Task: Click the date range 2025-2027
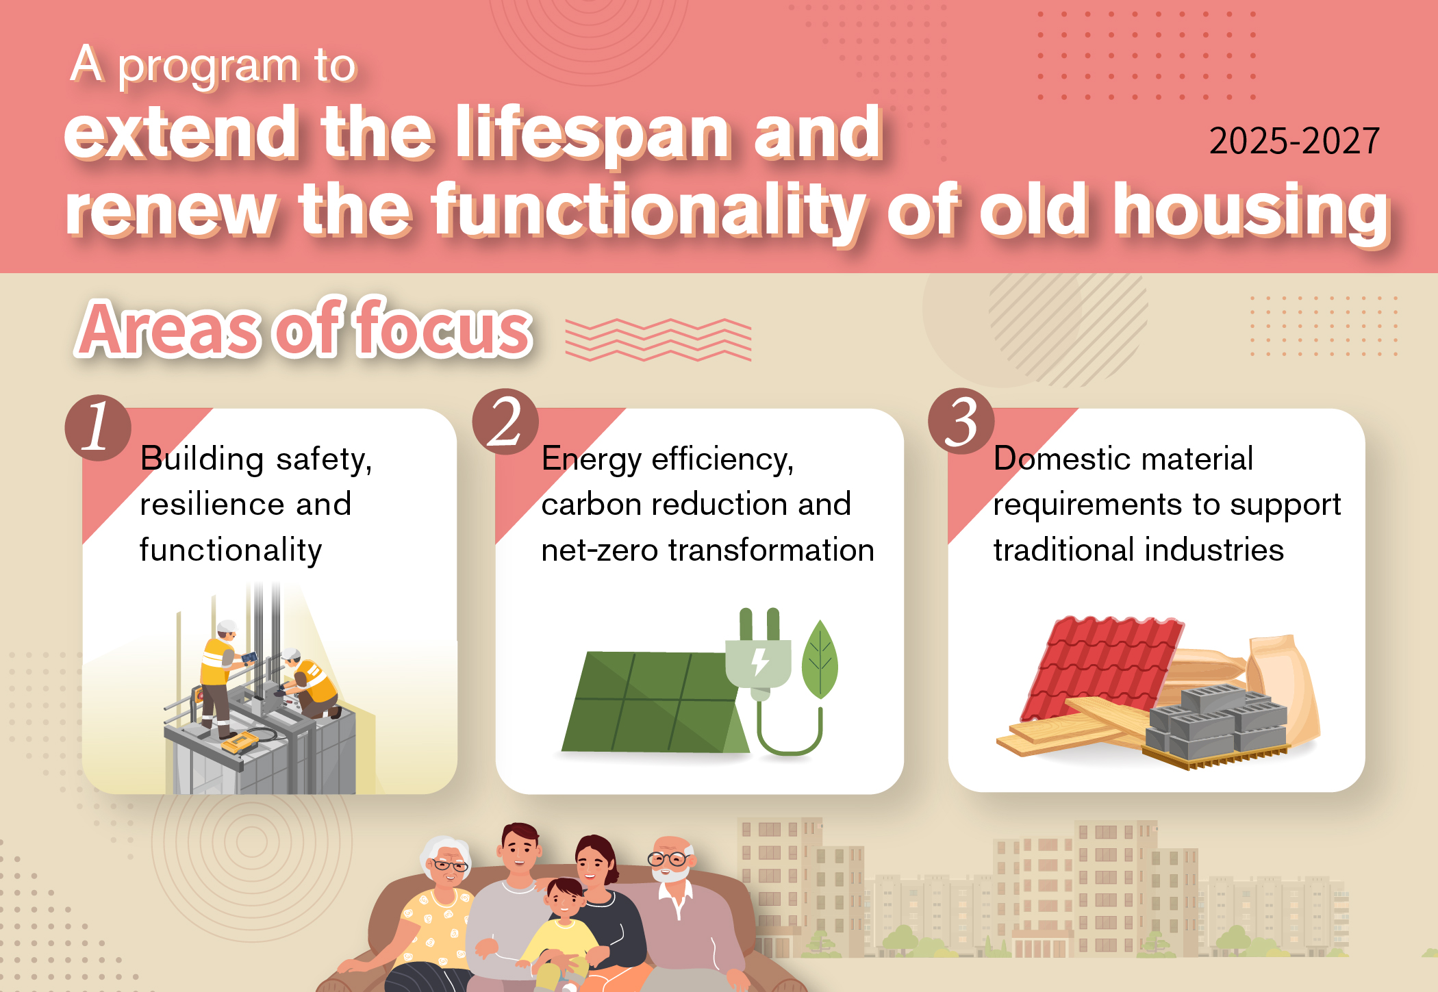tap(1294, 141)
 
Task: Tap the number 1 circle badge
tap(98, 428)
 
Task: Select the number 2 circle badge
tap(505, 422)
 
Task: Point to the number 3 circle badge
tap(961, 421)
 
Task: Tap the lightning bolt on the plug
tap(759, 661)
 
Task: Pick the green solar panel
tap(654, 702)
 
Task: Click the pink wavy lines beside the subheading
tap(658, 340)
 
